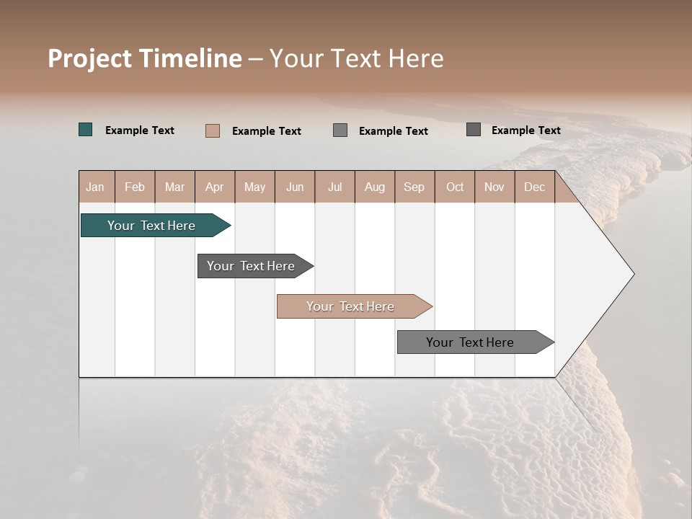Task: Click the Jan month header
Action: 95,187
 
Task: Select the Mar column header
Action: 174,187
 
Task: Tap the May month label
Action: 254,187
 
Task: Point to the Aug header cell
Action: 374,187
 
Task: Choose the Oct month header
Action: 454,187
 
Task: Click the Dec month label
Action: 534,187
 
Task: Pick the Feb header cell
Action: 135,187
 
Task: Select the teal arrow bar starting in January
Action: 151,226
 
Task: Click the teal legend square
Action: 86,130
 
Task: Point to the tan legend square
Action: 213,130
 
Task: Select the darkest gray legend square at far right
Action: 474,130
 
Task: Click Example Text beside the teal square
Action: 140,130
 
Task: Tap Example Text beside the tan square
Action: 267,131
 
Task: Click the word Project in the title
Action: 90,58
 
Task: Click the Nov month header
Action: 494,187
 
